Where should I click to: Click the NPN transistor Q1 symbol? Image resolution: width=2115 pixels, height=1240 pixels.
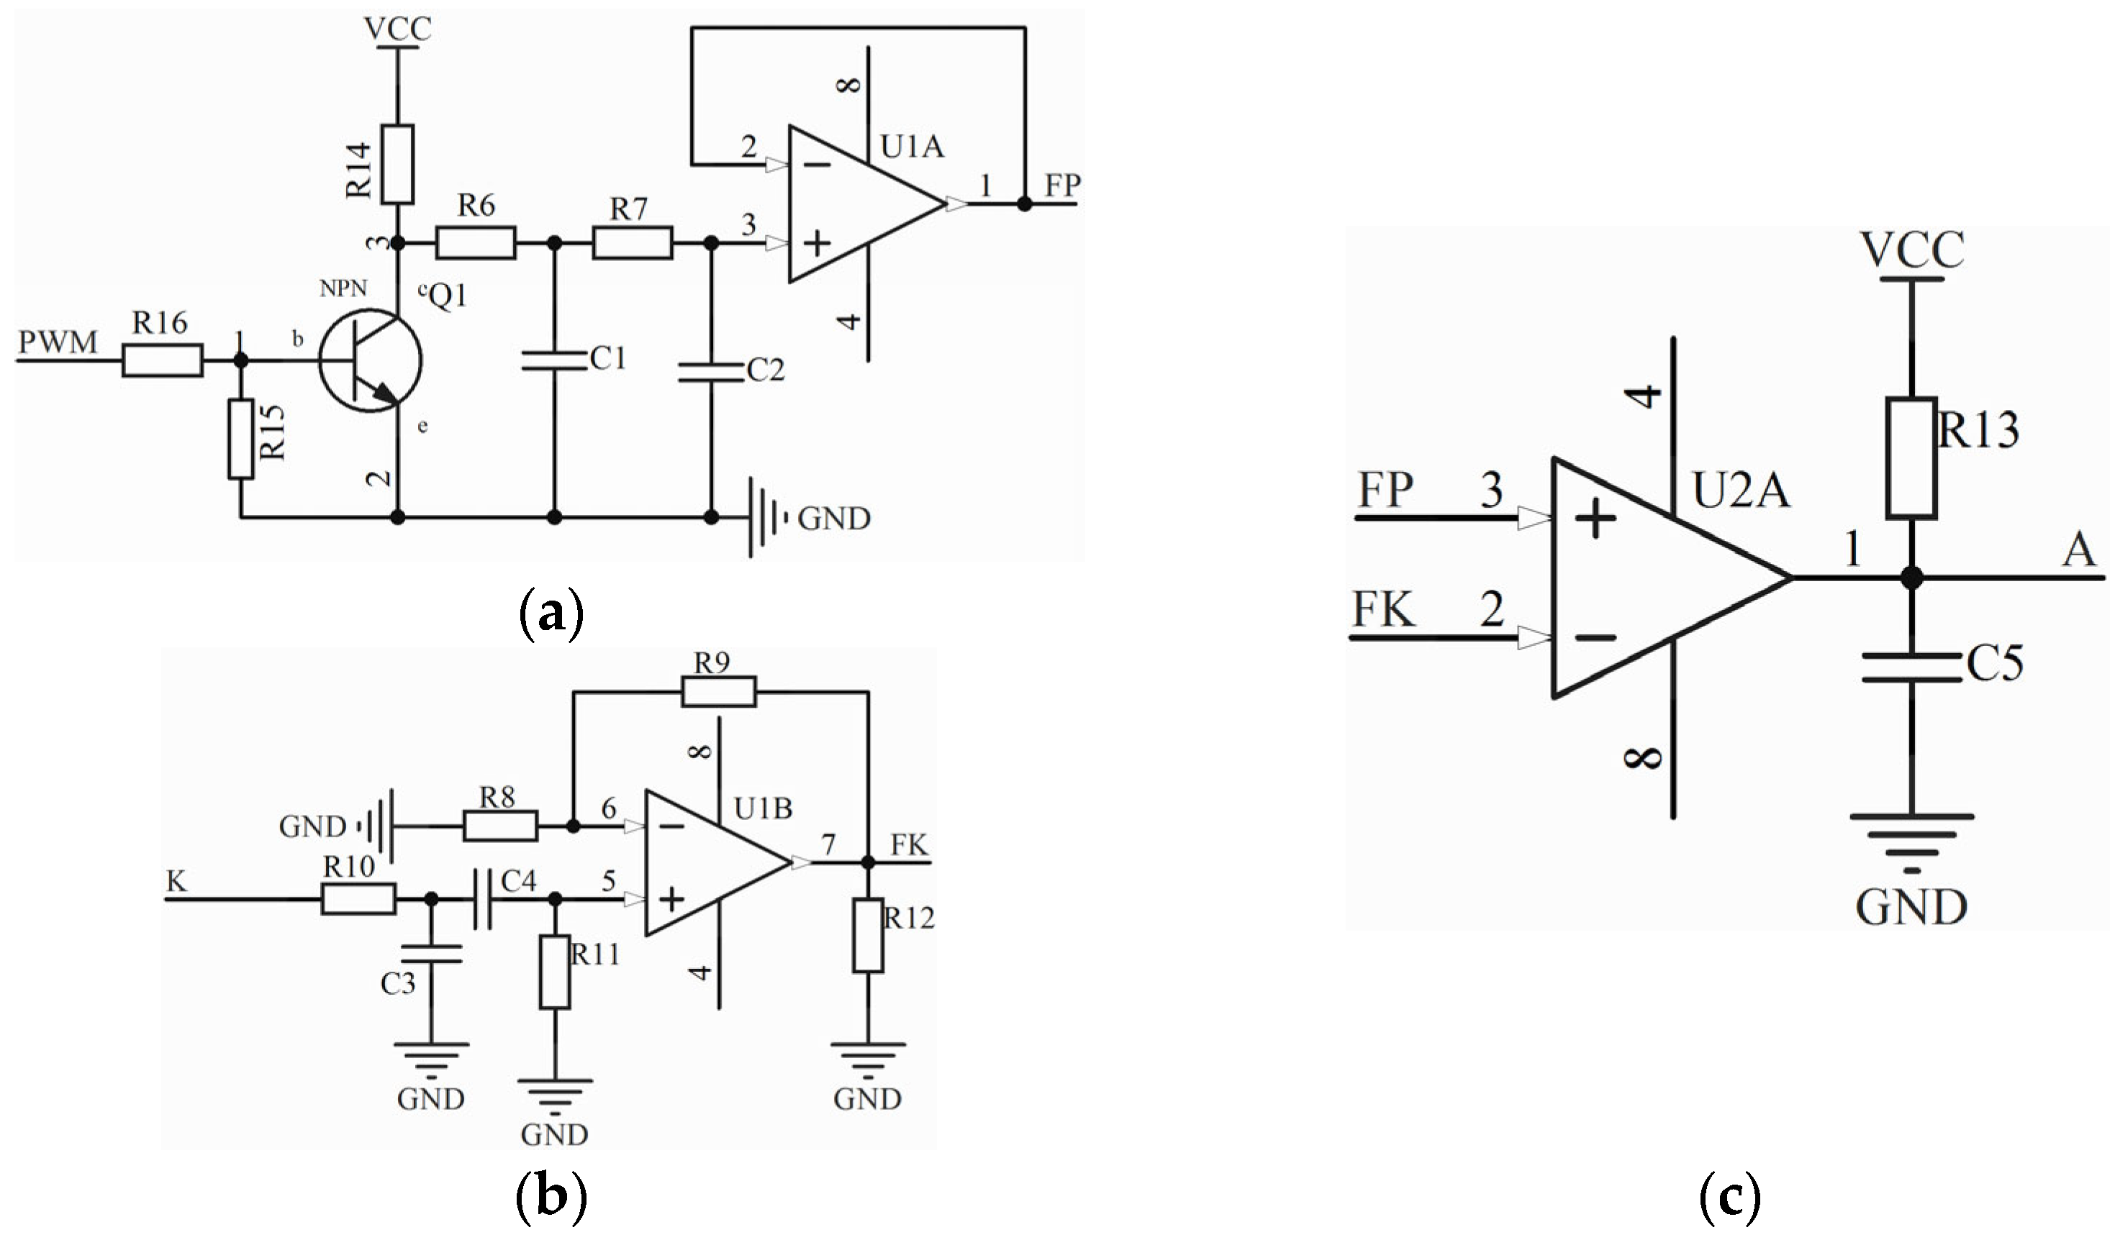370,361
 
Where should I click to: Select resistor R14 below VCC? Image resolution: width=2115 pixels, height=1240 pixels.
397,165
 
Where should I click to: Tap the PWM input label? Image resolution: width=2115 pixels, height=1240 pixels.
58,342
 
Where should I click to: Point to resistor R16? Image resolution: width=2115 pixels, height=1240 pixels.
162,361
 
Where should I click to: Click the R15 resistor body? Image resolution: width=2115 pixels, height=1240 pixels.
241,439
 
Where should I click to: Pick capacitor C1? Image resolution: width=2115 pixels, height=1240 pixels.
554,361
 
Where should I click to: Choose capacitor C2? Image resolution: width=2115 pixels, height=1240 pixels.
711,373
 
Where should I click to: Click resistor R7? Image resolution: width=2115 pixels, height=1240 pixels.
632,242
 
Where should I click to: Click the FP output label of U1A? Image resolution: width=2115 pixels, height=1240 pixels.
1061,186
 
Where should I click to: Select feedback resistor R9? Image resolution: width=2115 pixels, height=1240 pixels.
718,692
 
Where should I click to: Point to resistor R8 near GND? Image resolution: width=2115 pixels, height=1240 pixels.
500,826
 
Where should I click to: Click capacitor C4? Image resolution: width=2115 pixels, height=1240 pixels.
483,899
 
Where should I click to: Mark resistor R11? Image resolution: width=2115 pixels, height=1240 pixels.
554,972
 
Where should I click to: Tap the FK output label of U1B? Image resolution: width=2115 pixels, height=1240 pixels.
909,845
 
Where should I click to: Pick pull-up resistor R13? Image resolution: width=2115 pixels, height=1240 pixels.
1911,458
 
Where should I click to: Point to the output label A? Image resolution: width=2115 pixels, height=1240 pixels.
2078,552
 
